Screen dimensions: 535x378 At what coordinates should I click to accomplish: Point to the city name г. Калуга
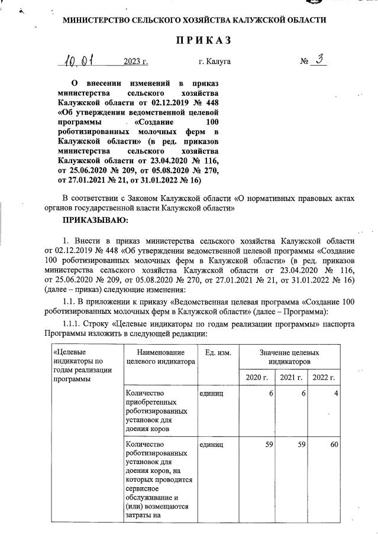click(x=215, y=61)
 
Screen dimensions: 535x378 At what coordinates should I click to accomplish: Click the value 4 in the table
click(x=334, y=393)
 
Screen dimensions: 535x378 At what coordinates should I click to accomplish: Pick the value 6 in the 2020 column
click(x=269, y=393)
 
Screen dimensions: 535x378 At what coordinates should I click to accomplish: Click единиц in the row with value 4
click(x=211, y=393)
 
